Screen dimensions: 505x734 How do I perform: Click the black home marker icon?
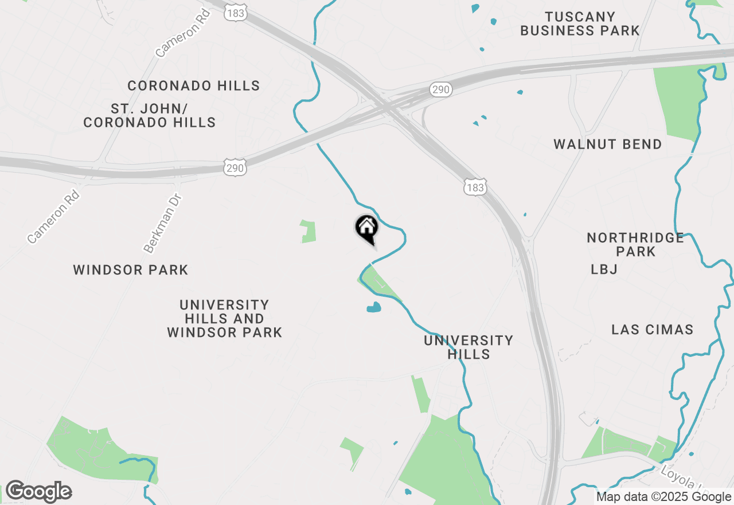coord(366,228)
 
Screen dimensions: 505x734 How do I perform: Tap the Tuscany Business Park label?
coord(580,24)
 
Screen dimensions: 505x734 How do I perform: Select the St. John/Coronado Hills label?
coord(150,115)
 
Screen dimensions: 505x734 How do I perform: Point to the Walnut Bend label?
coord(608,144)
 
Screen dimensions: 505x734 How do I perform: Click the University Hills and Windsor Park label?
coord(224,318)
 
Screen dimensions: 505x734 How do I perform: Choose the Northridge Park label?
coord(635,244)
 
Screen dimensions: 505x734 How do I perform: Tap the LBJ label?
coord(604,269)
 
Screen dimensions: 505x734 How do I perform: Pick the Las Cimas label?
coord(653,329)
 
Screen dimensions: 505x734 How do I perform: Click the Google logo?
coord(38,492)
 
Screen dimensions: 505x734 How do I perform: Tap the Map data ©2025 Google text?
coord(663,497)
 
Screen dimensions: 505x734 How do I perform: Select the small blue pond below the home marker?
coord(374,308)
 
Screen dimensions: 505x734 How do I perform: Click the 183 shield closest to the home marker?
coord(475,187)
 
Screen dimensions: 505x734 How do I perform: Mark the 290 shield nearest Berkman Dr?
coord(235,168)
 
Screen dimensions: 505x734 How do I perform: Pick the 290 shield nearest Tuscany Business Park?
coord(441,90)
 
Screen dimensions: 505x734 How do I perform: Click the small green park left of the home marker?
coord(309,231)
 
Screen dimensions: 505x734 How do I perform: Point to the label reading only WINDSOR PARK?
coord(131,270)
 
